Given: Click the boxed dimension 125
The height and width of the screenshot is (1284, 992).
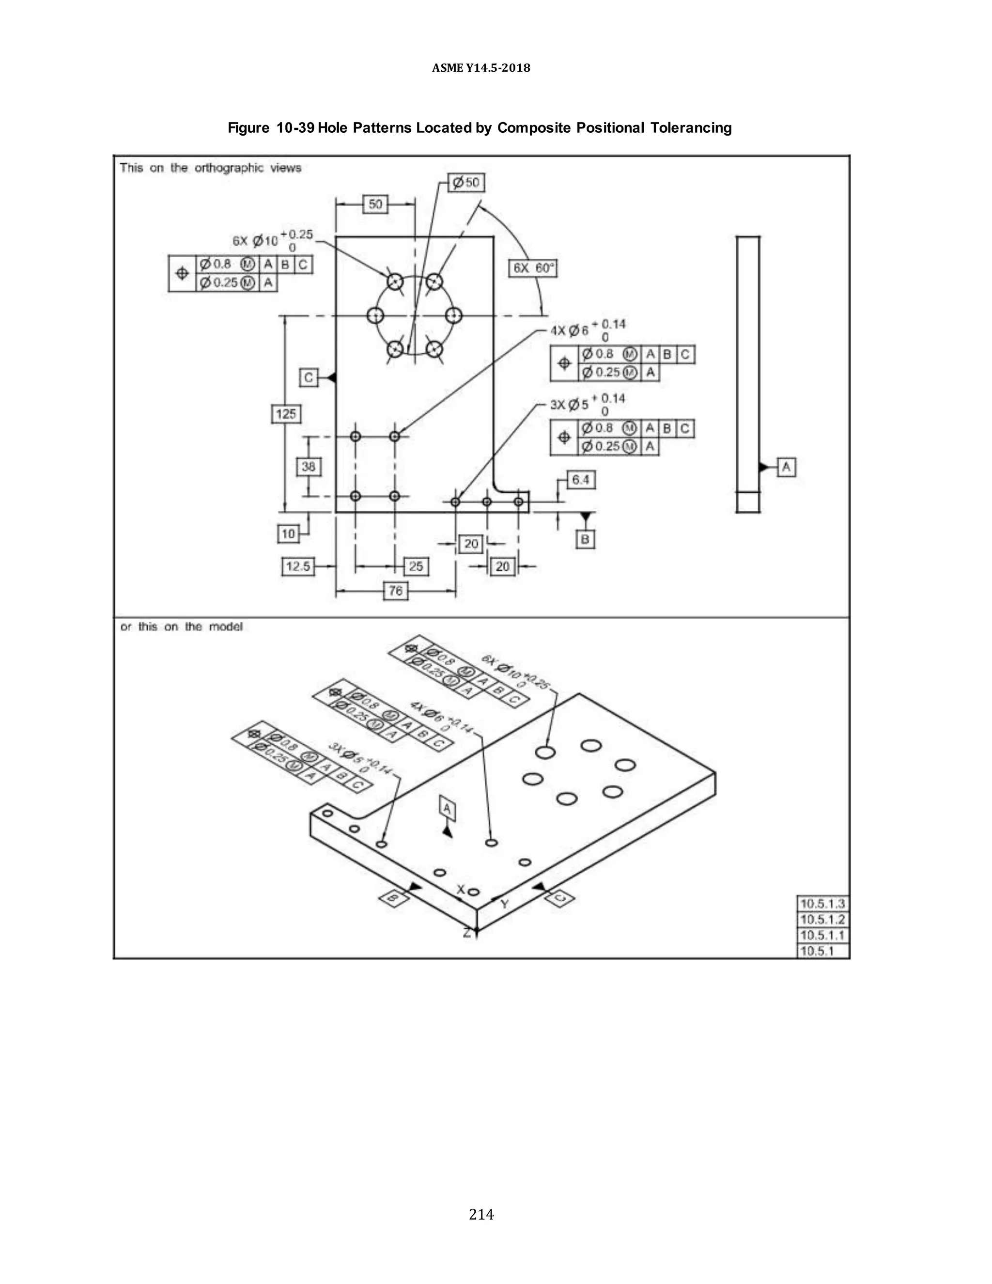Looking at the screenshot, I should (x=286, y=414).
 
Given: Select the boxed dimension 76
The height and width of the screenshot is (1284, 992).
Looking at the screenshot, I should (x=396, y=590).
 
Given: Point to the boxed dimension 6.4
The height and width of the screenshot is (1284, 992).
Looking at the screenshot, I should (x=581, y=480).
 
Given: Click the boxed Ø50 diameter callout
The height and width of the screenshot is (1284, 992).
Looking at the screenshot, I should (x=466, y=183).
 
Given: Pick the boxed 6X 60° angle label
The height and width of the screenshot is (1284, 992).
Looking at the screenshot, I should (x=532, y=269).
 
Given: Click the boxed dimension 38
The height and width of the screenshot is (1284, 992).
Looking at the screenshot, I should (x=309, y=467).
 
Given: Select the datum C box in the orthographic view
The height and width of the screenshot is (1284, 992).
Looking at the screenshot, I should (x=309, y=377).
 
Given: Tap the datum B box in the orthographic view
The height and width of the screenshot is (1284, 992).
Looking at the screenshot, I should (x=585, y=539).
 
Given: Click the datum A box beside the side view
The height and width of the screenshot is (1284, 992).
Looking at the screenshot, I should (x=786, y=468).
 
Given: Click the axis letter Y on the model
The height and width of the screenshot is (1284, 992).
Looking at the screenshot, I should (x=505, y=904).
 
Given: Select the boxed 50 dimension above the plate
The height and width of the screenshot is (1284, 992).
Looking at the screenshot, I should (x=375, y=204).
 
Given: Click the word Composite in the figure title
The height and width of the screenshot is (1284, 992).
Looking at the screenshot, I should (x=534, y=128).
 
